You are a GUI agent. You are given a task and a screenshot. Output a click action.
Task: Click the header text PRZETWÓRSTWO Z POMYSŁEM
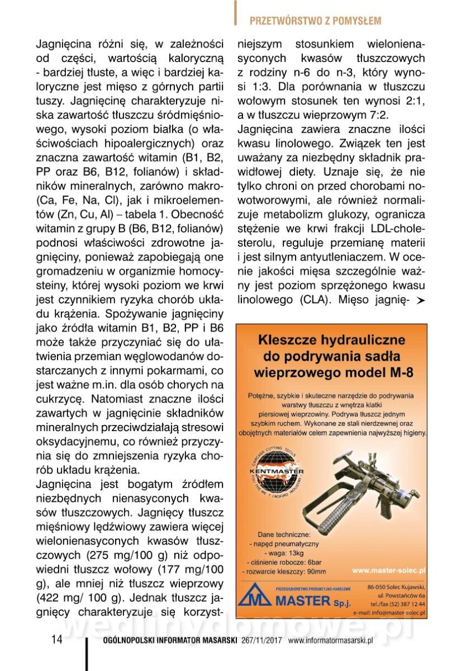pyautogui.click(x=316, y=21)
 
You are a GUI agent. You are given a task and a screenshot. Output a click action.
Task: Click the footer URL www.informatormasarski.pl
pyautogui.click(x=330, y=641)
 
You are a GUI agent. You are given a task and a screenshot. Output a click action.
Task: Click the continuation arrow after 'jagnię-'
pyautogui.click(x=421, y=301)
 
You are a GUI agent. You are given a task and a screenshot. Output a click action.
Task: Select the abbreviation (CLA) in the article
pyautogui.click(x=313, y=299)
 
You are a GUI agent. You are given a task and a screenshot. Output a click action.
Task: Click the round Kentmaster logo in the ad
pyautogui.click(x=277, y=473)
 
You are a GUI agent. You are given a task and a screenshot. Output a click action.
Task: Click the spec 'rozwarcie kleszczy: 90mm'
pyautogui.click(x=284, y=571)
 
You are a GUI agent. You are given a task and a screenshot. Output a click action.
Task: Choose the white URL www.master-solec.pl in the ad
pyautogui.click(x=389, y=570)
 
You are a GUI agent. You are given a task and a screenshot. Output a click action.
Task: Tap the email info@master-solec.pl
pyautogui.click(x=389, y=613)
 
